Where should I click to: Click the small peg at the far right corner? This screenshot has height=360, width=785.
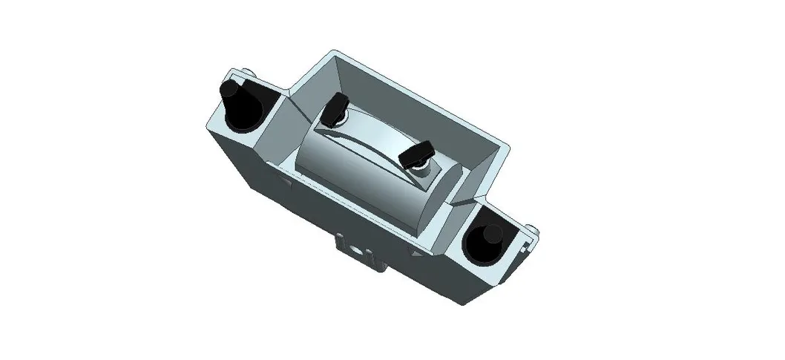532,226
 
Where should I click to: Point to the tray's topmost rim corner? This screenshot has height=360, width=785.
332,51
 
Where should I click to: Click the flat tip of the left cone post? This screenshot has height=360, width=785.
229,91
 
